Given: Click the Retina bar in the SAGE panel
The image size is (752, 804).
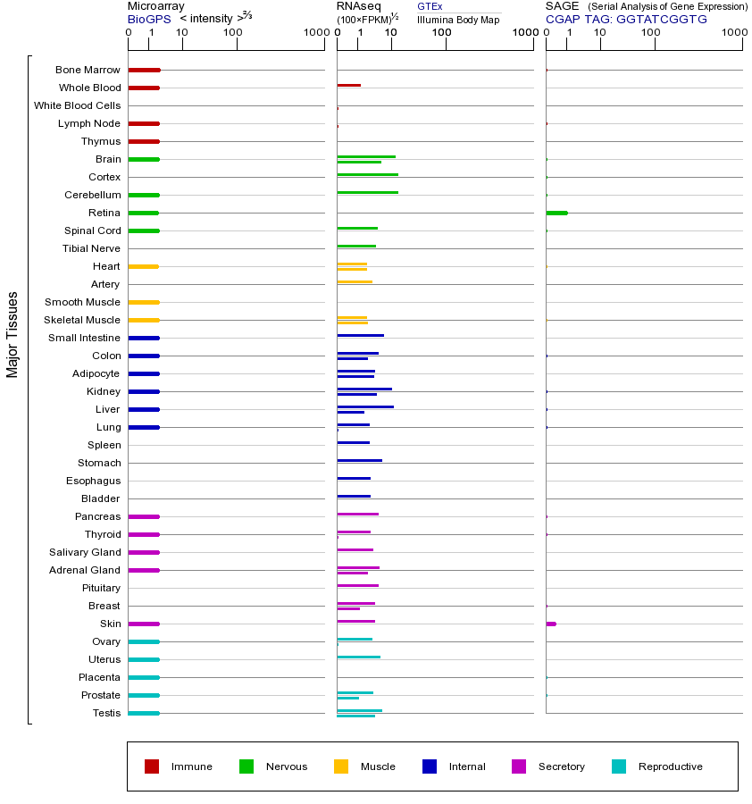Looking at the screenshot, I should click(556, 213).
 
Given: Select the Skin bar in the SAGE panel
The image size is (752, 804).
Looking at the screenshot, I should click(551, 624).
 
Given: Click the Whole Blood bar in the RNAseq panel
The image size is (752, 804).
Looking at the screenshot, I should click(348, 86).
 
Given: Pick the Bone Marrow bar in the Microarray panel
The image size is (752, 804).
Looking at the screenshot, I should click(144, 70).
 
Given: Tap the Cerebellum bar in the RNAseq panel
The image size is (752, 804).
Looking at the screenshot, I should click(367, 192).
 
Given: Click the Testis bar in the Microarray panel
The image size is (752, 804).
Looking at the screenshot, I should click(144, 713).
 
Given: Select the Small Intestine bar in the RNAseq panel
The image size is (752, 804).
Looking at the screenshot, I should click(360, 335).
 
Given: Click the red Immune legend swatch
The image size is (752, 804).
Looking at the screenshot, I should click(152, 766).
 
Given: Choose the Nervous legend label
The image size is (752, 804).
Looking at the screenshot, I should click(286, 766).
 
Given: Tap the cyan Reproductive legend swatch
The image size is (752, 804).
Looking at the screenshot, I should click(619, 766).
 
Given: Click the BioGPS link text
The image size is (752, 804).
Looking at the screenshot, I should click(147, 18).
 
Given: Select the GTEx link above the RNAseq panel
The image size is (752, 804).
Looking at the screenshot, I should click(430, 6).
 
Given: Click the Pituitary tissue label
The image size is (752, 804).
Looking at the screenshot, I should click(101, 588).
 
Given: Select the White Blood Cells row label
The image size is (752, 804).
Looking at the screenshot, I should click(77, 105).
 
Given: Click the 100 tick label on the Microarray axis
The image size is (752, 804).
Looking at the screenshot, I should click(233, 33).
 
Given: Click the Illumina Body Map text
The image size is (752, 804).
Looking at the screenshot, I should click(458, 19).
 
